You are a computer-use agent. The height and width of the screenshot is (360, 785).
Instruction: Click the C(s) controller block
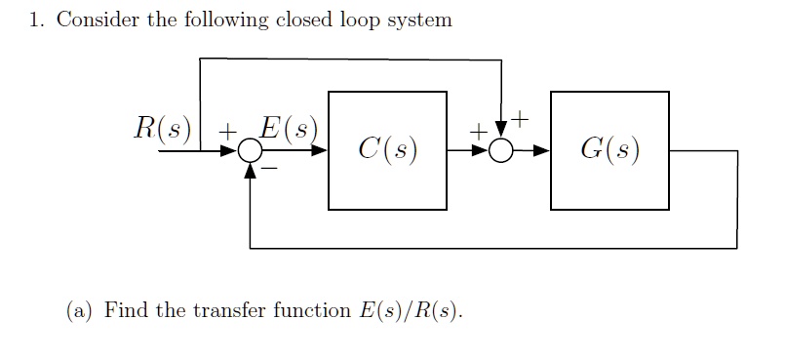tap(387, 150)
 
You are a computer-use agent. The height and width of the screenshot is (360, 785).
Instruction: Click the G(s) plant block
tap(609, 150)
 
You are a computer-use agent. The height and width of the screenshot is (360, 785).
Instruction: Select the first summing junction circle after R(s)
tap(251, 151)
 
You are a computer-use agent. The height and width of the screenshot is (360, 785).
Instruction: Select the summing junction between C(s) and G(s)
tap(501, 151)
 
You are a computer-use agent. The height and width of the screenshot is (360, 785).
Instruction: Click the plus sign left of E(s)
tap(227, 130)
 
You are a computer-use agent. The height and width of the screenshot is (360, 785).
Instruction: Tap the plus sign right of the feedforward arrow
tap(521, 120)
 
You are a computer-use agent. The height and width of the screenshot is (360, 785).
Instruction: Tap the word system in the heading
tap(421, 21)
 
